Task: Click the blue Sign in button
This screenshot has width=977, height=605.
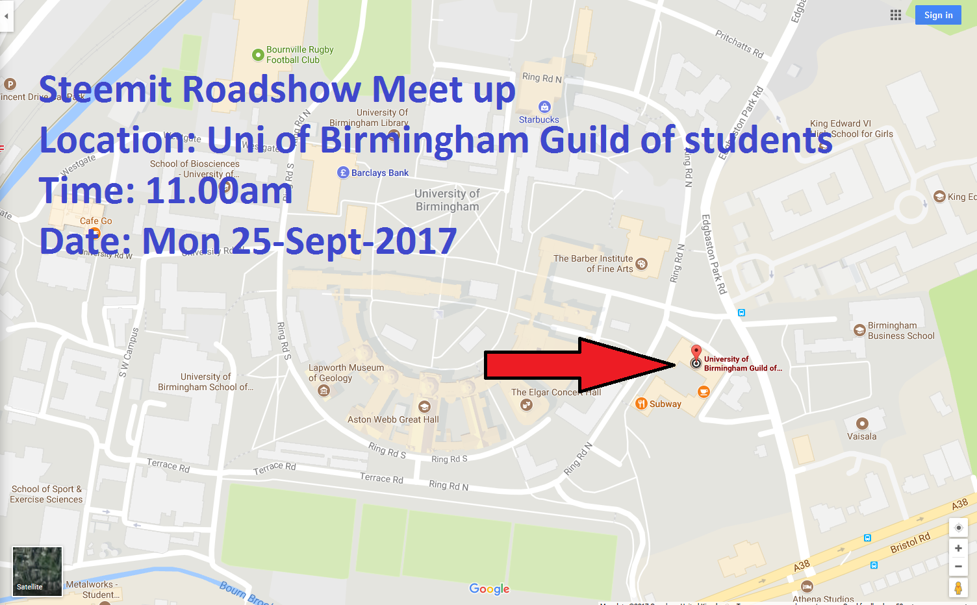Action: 938,15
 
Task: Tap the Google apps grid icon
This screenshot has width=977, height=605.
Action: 896,15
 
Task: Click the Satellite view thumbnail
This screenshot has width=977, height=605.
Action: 37,571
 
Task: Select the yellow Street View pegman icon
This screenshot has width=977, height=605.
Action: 958,587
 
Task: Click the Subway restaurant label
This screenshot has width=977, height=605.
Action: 665,404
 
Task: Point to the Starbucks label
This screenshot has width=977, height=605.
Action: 539,119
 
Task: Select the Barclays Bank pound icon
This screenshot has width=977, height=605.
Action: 344,173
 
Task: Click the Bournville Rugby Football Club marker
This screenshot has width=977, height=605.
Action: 257,55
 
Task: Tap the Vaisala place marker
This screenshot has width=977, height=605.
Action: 862,424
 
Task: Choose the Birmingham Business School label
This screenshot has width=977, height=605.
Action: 900,330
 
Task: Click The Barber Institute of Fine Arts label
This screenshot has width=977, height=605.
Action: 593,264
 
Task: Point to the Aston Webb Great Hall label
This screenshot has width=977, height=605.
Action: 393,419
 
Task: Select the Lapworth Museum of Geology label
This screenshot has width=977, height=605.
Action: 346,373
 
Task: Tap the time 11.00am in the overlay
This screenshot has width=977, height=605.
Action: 219,191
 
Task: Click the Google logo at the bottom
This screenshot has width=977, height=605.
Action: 489,589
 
